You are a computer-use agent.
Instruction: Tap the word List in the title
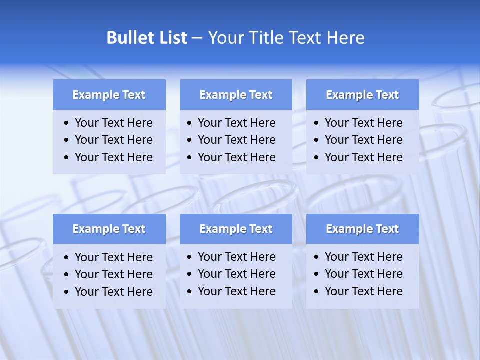click(171, 38)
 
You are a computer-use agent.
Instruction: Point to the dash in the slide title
click(197, 38)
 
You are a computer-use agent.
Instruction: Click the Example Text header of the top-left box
click(109, 95)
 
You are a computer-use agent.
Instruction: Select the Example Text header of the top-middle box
click(236, 95)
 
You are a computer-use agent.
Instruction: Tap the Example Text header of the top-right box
click(362, 95)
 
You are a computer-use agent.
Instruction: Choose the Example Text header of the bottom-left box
click(109, 229)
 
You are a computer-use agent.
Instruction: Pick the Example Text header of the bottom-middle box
click(236, 229)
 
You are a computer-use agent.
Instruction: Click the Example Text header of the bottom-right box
click(362, 229)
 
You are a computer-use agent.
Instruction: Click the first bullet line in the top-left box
click(113, 123)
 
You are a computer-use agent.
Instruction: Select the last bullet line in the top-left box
click(113, 157)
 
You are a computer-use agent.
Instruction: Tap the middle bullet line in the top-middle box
click(236, 140)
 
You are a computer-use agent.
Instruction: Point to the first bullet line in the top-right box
click(363, 123)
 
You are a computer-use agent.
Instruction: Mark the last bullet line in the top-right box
click(363, 157)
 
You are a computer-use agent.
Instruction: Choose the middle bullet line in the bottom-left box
click(113, 274)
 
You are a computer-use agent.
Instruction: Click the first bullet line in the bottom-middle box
click(236, 257)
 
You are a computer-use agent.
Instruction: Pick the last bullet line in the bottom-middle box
click(236, 291)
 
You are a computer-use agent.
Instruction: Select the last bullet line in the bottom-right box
click(363, 291)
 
